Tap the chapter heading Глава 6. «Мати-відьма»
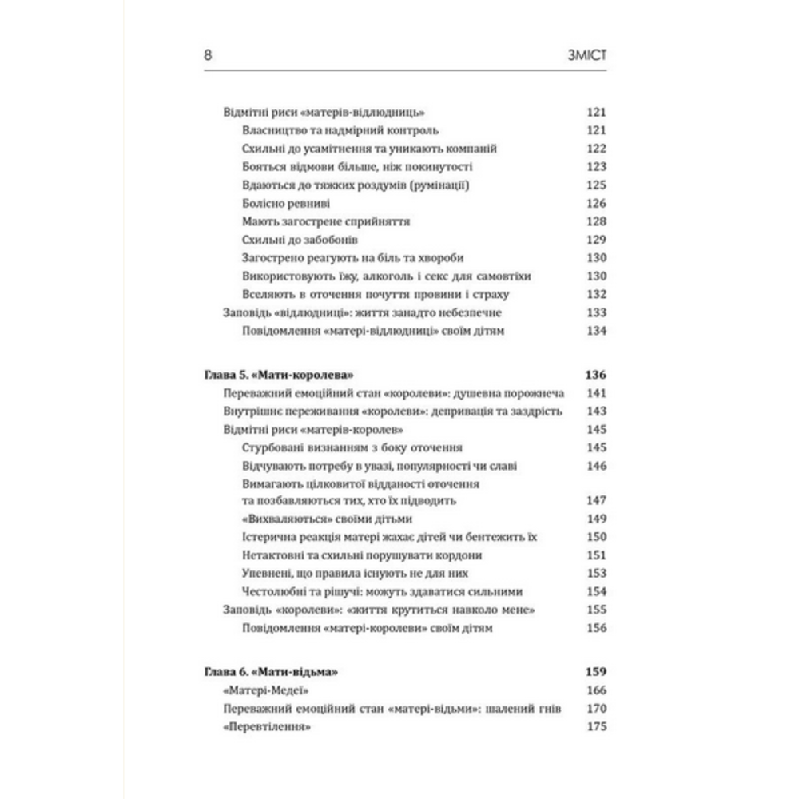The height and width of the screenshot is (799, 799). [267, 673]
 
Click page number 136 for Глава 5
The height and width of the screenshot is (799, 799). [596, 376]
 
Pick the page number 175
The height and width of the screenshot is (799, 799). [596, 727]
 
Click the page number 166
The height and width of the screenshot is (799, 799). [596, 691]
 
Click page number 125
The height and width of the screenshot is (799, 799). [596, 185]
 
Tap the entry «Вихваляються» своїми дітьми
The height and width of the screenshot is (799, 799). [324, 519]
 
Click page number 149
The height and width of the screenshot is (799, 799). [596, 519]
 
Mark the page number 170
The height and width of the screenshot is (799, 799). [596, 709]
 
